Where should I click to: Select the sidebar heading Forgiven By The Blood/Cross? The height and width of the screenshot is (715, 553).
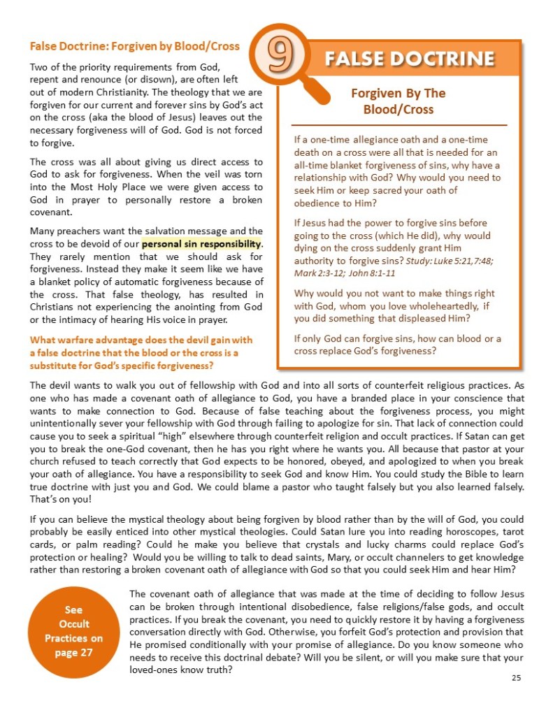397,101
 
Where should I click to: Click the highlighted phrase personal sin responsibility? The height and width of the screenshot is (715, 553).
201,245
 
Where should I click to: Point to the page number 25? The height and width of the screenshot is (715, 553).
517,677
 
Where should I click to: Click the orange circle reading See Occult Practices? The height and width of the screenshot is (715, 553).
73,632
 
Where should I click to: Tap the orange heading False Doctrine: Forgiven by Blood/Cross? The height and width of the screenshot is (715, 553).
134,47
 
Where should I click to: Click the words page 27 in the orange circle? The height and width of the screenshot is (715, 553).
73,653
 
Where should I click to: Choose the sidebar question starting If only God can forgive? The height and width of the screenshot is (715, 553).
397,345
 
